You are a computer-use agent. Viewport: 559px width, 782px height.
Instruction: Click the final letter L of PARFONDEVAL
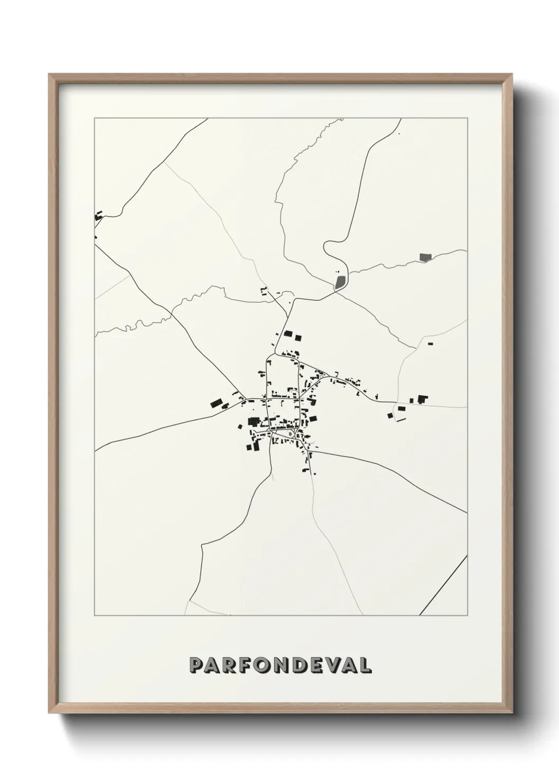(364, 665)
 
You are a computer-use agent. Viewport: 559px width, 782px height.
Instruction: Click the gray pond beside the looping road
(340, 281)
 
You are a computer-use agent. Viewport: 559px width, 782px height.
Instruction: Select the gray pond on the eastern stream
(425, 257)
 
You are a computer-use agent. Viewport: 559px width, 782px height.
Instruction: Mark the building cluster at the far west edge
(98, 216)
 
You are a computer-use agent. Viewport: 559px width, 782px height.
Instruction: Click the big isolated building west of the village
(216, 404)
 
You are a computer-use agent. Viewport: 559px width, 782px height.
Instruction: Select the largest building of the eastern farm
(422, 399)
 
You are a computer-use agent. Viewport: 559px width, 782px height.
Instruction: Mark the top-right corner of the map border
(467, 118)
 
